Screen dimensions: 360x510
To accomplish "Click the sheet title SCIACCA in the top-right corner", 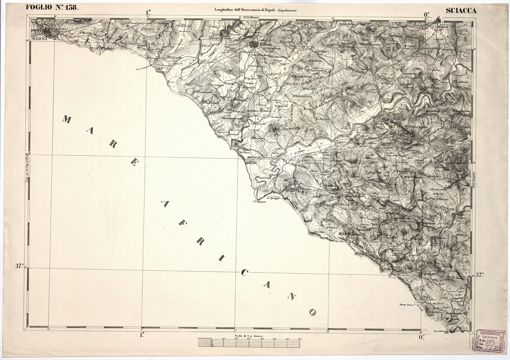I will [x=461, y=11].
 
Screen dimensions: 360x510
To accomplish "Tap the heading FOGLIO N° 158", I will [x=52, y=7].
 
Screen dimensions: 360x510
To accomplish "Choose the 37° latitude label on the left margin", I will [x=20, y=266].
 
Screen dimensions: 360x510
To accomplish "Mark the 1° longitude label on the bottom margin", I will [x=142, y=335].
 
